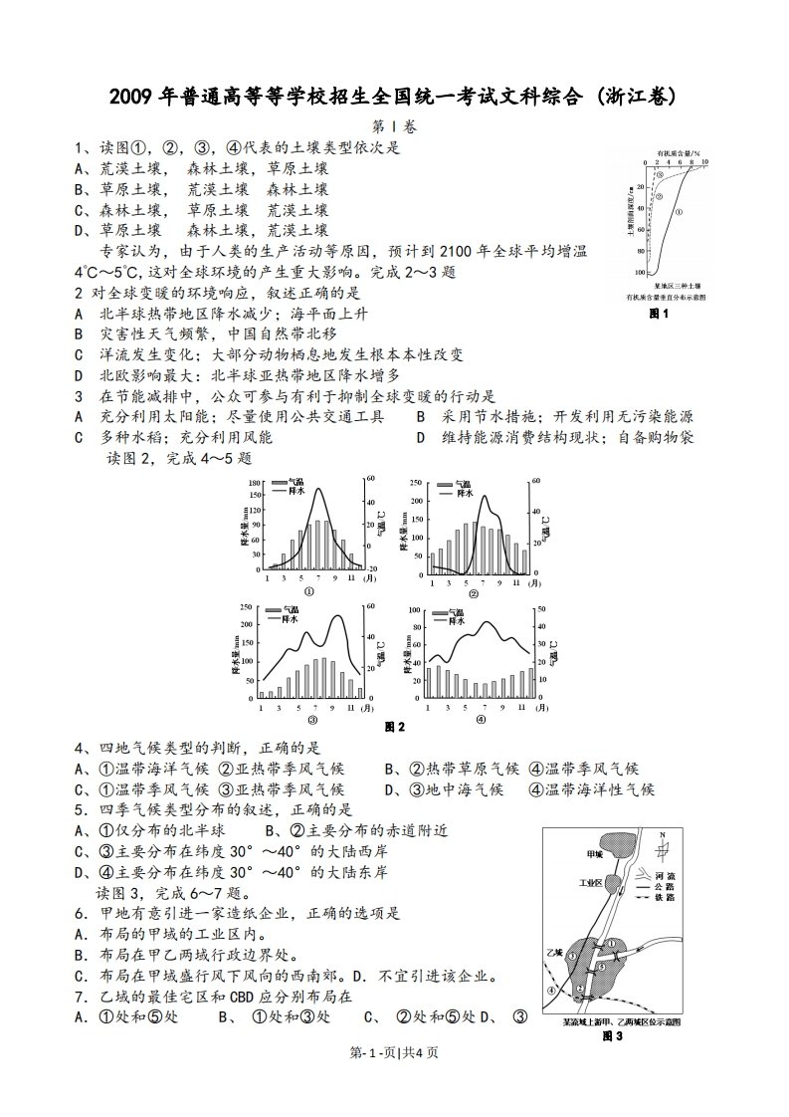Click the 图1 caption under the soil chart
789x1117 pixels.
click(x=659, y=316)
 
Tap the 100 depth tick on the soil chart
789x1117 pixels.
click(x=639, y=272)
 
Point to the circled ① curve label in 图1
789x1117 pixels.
click(x=679, y=212)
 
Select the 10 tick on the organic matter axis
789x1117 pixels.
click(x=705, y=160)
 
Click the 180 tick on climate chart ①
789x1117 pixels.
click(x=254, y=484)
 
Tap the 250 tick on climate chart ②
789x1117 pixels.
click(x=415, y=484)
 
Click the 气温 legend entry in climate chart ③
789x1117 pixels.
click(x=293, y=609)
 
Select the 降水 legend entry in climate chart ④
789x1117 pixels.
click(x=459, y=619)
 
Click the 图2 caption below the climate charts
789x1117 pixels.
click(x=395, y=728)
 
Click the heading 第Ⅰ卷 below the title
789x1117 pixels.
click(x=394, y=126)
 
